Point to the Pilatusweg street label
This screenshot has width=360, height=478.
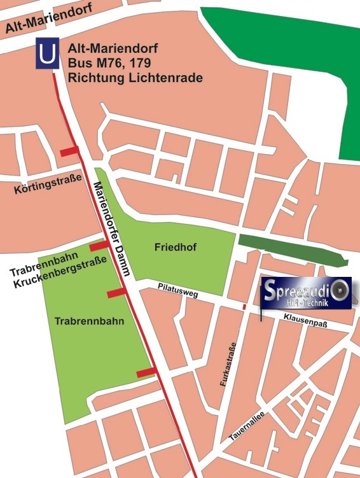point(177,290)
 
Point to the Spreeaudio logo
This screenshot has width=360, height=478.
point(306,293)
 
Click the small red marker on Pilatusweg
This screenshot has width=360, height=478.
point(244,307)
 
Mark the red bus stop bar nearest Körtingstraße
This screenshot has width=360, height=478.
point(69,151)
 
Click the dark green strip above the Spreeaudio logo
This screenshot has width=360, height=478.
point(293,248)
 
